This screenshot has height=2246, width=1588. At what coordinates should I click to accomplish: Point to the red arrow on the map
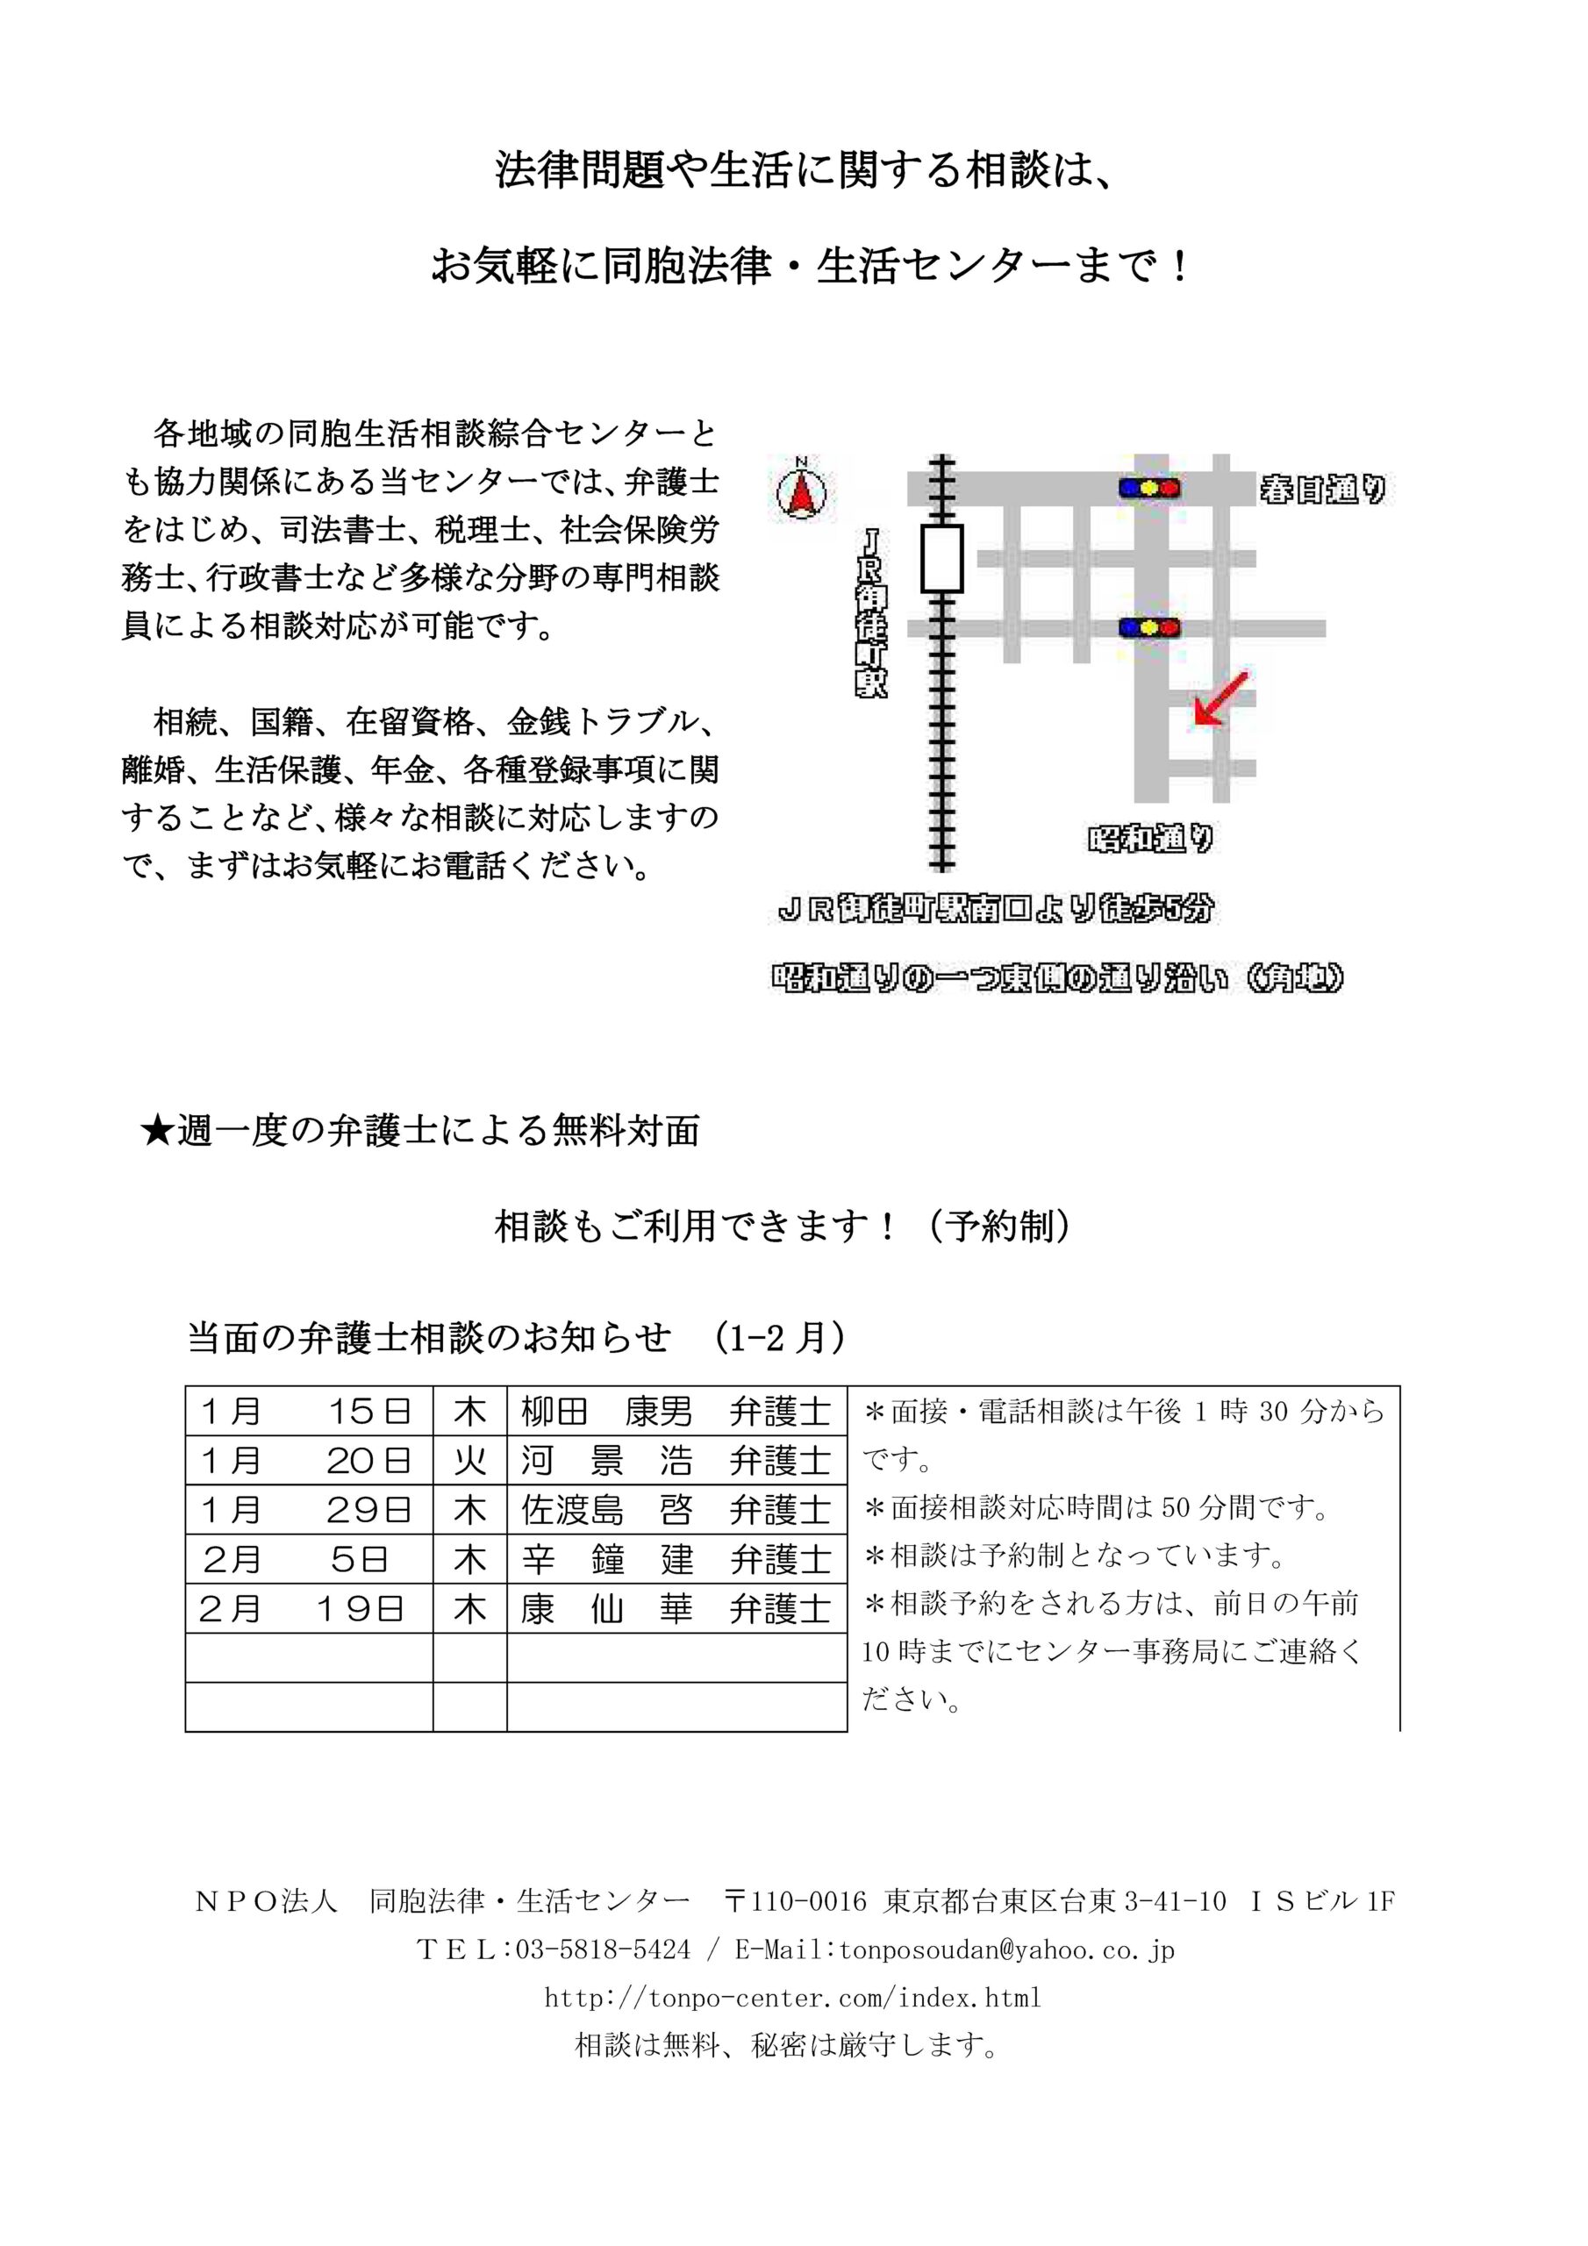point(1221,699)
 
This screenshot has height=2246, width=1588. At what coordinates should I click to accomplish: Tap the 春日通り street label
point(1322,488)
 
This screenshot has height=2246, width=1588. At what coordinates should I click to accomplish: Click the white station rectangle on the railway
point(941,559)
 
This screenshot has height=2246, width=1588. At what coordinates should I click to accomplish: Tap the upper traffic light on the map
point(1148,487)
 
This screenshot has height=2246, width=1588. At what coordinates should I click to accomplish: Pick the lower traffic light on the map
point(1148,627)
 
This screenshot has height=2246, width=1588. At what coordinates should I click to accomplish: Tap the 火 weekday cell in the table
point(469,1461)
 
